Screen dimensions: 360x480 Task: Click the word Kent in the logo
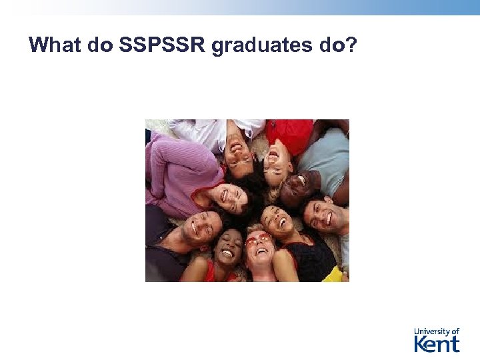click(437, 343)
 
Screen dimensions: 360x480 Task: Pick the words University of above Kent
click(437, 331)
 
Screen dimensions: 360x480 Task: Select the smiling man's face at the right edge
click(323, 215)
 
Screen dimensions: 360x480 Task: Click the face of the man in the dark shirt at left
click(199, 228)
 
